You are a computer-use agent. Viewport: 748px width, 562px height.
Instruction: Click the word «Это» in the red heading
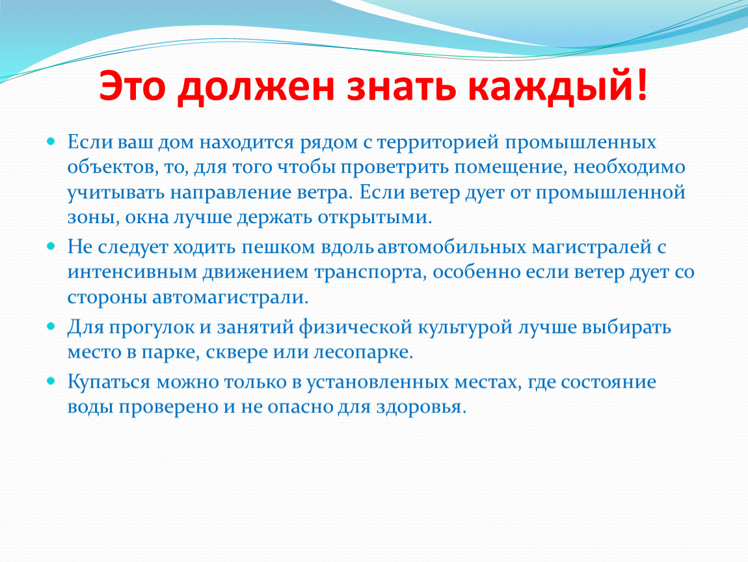(x=132, y=85)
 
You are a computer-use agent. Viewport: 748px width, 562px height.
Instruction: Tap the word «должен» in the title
(x=255, y=88)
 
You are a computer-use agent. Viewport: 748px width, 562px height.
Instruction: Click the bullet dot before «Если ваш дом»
(x=51, y=141)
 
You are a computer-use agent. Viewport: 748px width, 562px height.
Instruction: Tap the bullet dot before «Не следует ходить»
(x=51, y=247)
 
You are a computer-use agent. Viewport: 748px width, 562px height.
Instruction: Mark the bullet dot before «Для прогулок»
(x=51, y=327)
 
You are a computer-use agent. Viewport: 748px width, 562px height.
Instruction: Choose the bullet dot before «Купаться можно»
(x=51, y=381)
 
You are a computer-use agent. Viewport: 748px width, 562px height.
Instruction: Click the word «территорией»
(x=438, y=143)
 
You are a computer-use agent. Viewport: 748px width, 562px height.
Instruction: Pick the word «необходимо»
(x=629, y=167)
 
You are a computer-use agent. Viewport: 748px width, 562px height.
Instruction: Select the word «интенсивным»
(x=132, y=273)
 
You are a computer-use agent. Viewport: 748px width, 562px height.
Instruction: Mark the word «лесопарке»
(x=363, y=353)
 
